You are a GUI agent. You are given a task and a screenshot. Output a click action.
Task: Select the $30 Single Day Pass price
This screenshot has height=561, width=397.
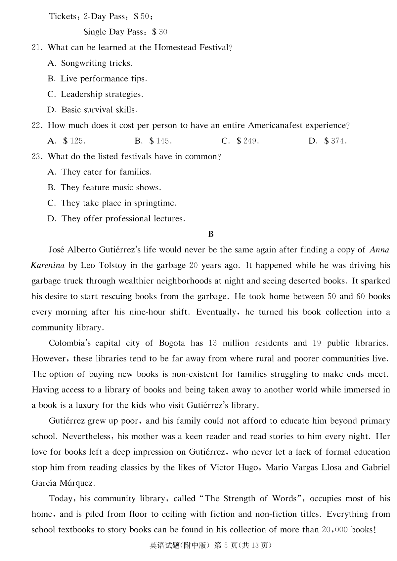[160, 32]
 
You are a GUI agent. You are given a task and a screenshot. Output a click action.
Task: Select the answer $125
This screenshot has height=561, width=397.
[74, 141]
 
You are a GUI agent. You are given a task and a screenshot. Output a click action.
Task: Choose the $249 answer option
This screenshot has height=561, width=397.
[248, 141]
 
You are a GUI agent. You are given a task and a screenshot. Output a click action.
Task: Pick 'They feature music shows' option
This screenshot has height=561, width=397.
[111, 188]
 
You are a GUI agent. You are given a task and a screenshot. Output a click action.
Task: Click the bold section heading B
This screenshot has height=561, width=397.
[211, 234]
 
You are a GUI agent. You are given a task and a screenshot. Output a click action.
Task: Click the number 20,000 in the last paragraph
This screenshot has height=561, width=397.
[334, 530]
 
